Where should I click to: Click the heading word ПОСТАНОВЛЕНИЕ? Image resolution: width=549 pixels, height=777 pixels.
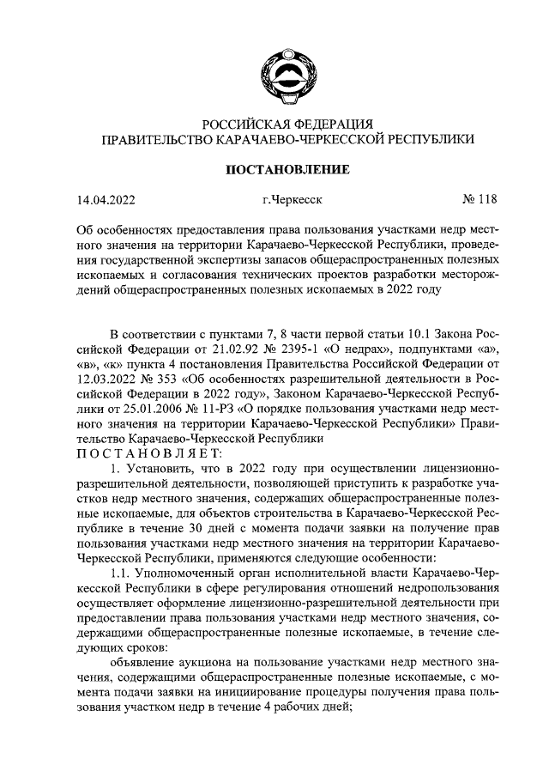pyautogui.click(x=287, y=169)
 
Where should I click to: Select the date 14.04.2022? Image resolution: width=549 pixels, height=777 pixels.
pyautogui.click(x=106, y=202)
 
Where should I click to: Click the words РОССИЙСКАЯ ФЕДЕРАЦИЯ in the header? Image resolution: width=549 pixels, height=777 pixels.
pyautogui.click(x=287, y=124)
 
